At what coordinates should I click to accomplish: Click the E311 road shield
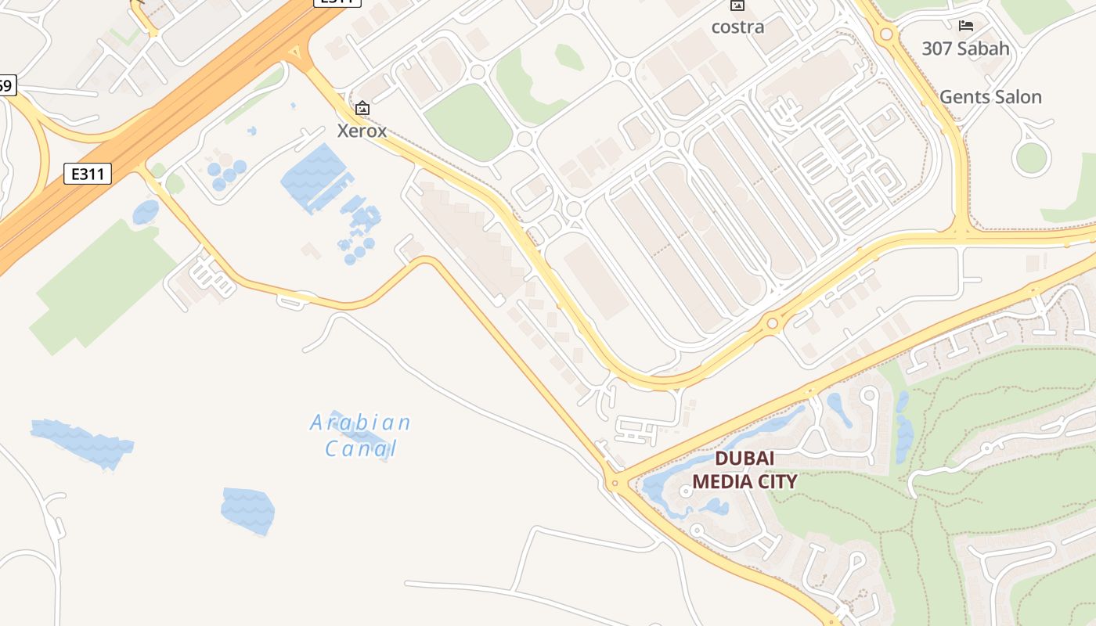pyautogui.click(x=88, y=174)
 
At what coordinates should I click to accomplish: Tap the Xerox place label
pyautogui.click(x=362, y=131)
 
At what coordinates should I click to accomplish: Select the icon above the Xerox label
pyautogui.click(x=362, y=108)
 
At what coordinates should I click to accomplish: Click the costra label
pyautogui.click(x=737, y=27)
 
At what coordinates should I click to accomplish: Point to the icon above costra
pyautogui.click(x=737, y=5)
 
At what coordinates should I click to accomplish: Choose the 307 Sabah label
pyautogui.click(x=965, y=49)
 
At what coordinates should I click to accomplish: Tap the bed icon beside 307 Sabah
pyautogui.click(x=966, y=25)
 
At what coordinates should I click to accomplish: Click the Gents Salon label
pyautogui.click(x=990, y=97)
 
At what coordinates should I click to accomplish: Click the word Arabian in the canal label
pyautogui.click(x=360, y=423)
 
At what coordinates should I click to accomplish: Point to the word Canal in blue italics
pyautogui.click(x=361, y=449)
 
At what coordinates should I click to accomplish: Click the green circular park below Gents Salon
pyautogui.click(x=1031, y=158)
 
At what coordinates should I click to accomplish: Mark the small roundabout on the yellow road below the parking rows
pyautogui.click(x=773, y=322)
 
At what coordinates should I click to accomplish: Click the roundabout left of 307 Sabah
pyautogui.click(x=886, y=34)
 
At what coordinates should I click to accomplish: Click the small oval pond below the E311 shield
pyautogui.click(x=146, y=212)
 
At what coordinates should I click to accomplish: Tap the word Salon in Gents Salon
pyautogui.click(x=1016, y=97)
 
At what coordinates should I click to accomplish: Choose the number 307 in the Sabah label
pyautogui.click(x=938, y=49)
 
